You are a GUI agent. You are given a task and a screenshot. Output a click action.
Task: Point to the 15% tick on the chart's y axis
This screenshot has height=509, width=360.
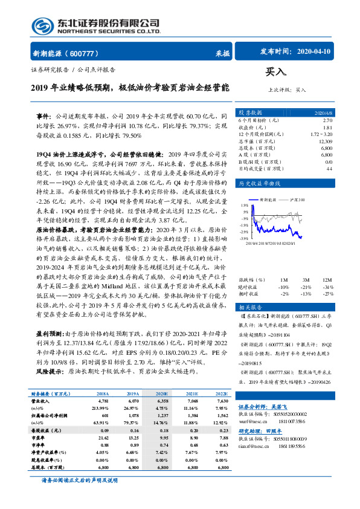[x=245, y=205]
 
